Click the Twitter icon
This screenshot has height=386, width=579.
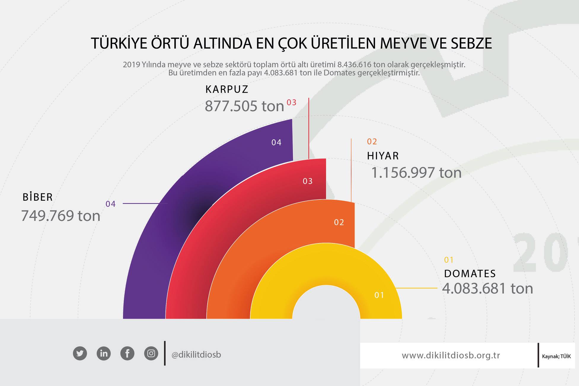pyautogui.click(x=80, y=353)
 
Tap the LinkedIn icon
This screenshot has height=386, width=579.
pyautogui.click(x=104, y=353)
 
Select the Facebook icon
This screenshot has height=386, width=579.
pyautogui.click(x=127, y=353)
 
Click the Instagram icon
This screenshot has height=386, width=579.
pyautogui.click(x=151, y=353)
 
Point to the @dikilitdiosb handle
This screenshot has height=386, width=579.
pyautogui.click(x=196, y=355)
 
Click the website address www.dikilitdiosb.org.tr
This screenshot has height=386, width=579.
pyautogui.click(x=451, y=355)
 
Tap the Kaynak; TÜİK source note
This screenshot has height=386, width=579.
pyautogui.click(x=556, y=357)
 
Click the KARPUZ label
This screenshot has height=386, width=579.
pyautogui.click(x=227, y=89)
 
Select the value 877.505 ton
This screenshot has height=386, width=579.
pyautogui.click(x=245, y=106)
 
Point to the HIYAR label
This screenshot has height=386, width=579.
pyautogui.click(x=383, y=156)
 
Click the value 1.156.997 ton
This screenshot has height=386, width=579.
pyautogui.click(x=417, y=173)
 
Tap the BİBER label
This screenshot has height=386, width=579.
pyautogui.click(x=38, y=197)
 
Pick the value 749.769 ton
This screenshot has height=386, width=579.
pyautogui.click(x=61, y=216)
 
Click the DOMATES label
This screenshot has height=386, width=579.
pyautogui.click(x=470, y=273)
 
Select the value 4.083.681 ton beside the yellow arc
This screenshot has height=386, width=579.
pyautogui.click(x=488, y=288)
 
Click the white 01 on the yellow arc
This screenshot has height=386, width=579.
pyautogui.click(x=379, y=295)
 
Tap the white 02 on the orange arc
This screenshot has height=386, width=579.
pyautogui.click(x=339, y=222)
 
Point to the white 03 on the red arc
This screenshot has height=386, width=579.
pyautogui.click(x=308, y=181)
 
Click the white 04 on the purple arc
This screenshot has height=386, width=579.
pyautogui.click(x=276, y=143)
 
